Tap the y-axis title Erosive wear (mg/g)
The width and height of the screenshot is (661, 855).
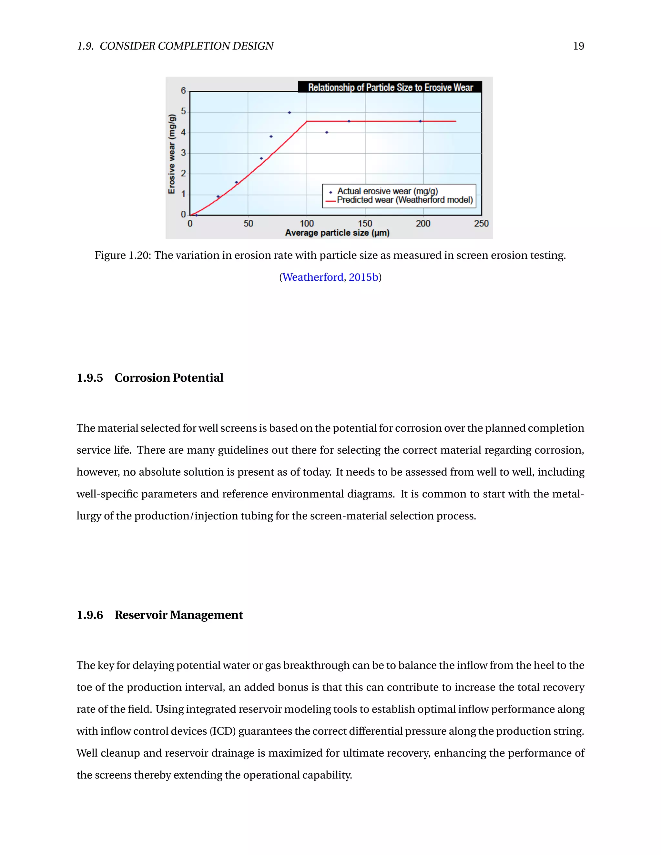pos(171,154)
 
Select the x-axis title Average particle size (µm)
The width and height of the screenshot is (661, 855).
pos(337,233)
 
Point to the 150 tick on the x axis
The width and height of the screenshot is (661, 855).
pos(365,224)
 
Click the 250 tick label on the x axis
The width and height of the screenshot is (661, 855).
pos(481,224)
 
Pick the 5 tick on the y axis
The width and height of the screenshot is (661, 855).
pos(183,112)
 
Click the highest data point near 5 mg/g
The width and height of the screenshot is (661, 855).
pos(290,112)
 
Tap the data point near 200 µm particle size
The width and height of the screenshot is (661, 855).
pos(421,121)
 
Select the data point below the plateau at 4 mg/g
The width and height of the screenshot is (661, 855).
pos(327,132)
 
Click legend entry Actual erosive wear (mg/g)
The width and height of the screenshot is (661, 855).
pos(387,191)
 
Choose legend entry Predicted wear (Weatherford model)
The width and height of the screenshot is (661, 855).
pos(404,200)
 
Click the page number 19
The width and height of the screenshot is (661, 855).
pos(578,46)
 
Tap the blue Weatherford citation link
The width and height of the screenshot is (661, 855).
pos(312,277)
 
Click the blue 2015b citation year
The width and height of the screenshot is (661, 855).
pos(363,277)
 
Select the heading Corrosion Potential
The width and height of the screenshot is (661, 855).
pos(169,378)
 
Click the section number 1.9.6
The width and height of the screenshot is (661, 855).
pos(90,615)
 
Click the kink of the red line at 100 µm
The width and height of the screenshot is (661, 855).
pos(307,121)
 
